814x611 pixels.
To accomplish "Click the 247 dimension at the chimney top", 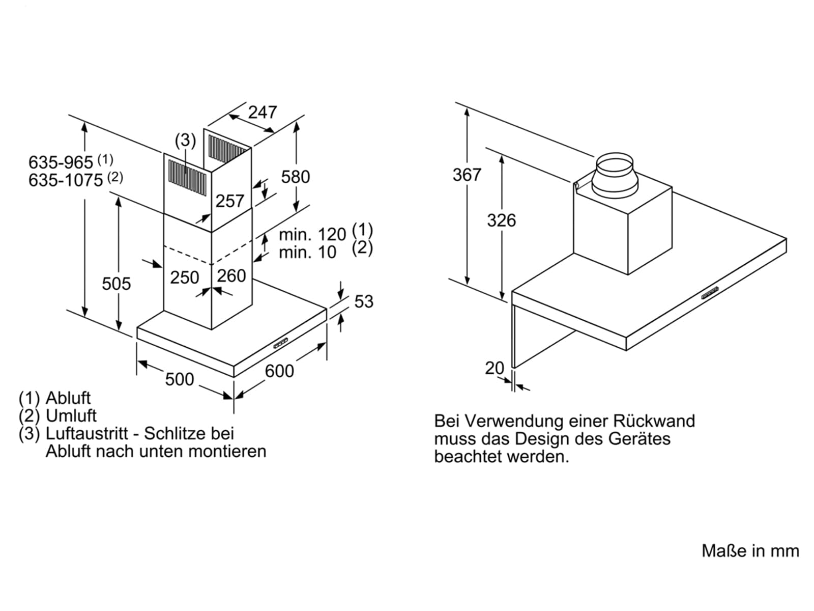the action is tap(263, 112).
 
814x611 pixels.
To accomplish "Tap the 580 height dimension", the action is tap(295, 177).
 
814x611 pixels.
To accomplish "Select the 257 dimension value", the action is tap(230, 201).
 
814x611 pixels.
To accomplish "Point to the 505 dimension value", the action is tap(117, 284).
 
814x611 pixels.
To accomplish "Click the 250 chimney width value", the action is tap(185, 277).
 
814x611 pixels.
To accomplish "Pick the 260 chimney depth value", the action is tap(231, 276).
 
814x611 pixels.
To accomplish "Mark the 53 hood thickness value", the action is tap(364, 301).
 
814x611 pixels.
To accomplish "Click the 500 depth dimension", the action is tap(180, 379).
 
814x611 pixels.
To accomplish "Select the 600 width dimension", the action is tap(279, 371).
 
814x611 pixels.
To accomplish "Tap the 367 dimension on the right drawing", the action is tap(467, 175).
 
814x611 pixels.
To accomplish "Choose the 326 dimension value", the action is tap(502, 220).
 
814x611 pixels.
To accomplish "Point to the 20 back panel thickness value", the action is tap(495, 368).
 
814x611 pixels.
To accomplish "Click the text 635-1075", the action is tap(66, 181).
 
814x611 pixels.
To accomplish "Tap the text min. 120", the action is tap(312, 234).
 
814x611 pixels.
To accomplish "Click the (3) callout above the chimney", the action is tap(185, 140).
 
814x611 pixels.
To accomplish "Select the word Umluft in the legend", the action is tap(71, 415).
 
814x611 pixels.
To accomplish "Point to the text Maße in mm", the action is tap(750, 551).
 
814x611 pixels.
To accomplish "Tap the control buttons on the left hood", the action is tap(281, 343).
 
